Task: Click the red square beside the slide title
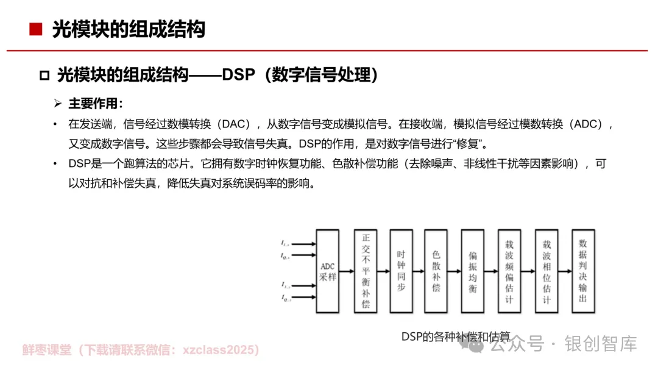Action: tap(36, 29)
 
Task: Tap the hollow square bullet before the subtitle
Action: tap(44, 76)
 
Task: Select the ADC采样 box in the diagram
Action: tap(327, 271)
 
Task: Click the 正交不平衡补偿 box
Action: tap(366, 271)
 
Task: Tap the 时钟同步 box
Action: tap(401, 271)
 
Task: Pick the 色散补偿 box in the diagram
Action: tap(436, 271)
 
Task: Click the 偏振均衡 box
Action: tap(472, 271)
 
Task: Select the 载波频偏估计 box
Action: tap(509, 271)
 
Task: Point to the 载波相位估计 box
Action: tap(547, 271)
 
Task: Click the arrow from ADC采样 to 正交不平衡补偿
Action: tap(346, 271)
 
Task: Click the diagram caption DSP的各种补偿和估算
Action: tap(455, 336)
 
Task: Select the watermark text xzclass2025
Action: tap(225, 350)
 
